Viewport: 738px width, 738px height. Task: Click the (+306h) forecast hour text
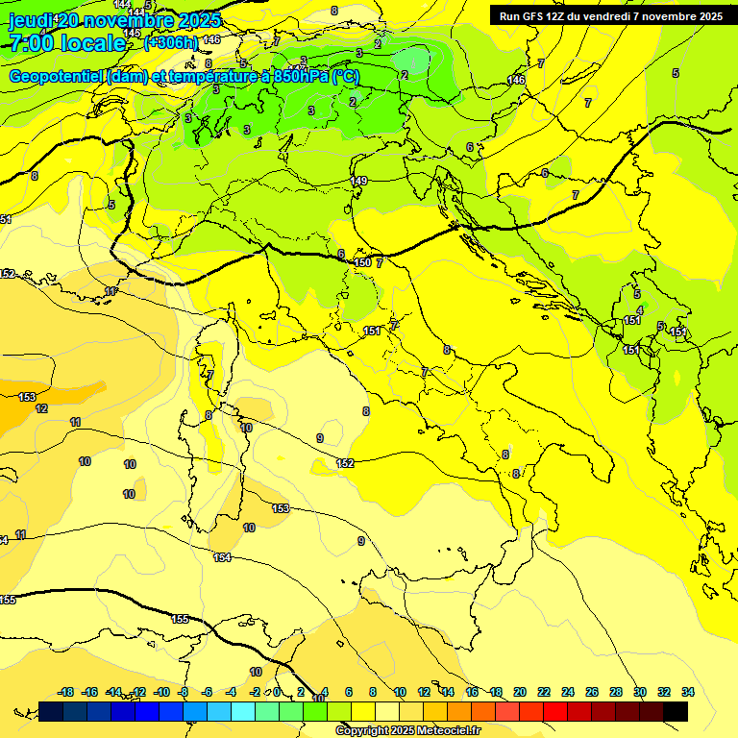pyautogui.click(x=171, y=42)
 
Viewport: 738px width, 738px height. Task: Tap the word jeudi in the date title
pyautogui.click(x=31, y=20)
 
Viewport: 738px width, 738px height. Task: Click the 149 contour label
pyautogui.click(x=359, y=181)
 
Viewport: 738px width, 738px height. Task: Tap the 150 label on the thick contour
pyautogui.click(x=362, y=262)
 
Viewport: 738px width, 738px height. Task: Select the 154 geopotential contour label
pyautogui.click(x=222, y=557)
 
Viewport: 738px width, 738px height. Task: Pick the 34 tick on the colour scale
pyautogui.click(x=688, y=692)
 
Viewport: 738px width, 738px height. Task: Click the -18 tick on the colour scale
pyautogui.click(x=66, y=692)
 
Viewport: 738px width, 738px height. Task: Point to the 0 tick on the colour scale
pyautogui.click(x=277, y=692)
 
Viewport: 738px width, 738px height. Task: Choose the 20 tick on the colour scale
pyautogui.click(x=520, y=692)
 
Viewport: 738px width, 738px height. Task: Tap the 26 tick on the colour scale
pyautogui.click(x=592, y=692)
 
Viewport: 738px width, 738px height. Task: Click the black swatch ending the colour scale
pyautogui.click(x=676, y=711)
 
